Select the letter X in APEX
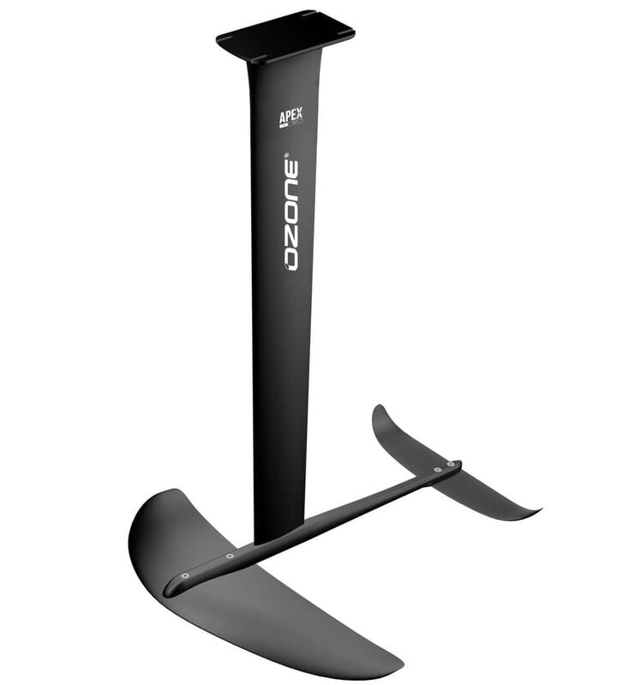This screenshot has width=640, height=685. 300,113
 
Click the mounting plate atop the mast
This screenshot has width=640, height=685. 285,36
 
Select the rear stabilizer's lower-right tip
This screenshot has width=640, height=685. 536,513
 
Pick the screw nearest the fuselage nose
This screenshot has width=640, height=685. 184,576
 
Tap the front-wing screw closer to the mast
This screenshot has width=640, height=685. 230,556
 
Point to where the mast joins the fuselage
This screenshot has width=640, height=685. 278,534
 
